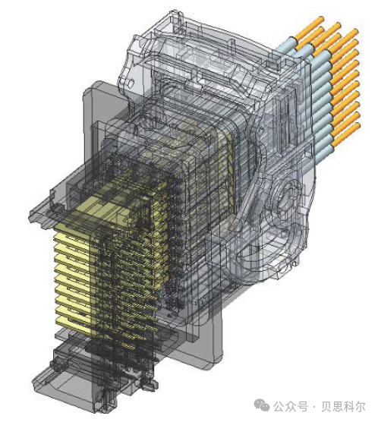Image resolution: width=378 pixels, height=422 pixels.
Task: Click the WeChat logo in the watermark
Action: (261, 406)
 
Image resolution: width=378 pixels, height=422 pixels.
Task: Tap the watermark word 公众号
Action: (291, 407)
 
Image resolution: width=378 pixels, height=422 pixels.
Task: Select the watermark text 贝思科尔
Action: (343, 407)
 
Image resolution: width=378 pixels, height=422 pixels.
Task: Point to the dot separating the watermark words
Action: (314, 407)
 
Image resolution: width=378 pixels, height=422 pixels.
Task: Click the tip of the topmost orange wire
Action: (322, 18)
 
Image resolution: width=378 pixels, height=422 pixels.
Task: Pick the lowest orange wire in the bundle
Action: (346, 134)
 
